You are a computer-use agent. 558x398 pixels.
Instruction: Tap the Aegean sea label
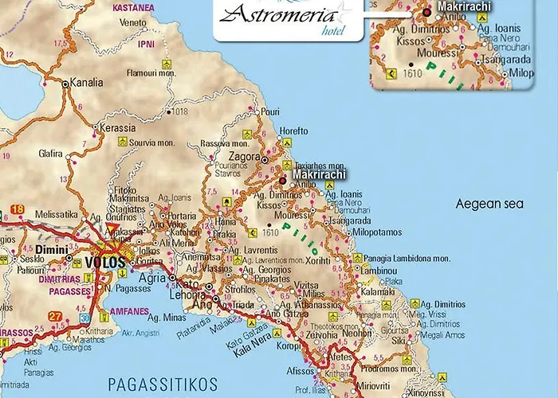click(x=489, y=205)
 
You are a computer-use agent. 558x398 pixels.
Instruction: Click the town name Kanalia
click(x=87, y=82)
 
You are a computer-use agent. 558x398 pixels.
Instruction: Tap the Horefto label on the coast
click(x=294, y=130)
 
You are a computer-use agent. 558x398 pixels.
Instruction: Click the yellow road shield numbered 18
click(x=18, y=210)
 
